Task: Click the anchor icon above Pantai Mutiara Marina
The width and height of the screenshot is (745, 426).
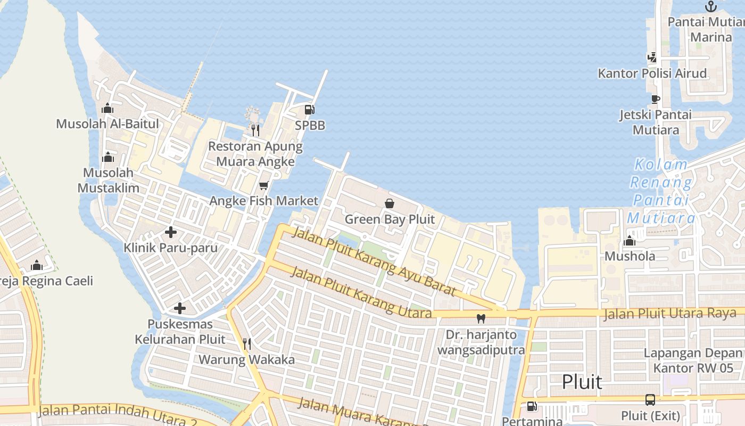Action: (x=711, y=6)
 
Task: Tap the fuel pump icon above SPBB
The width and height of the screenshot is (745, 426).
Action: (x=309, y=110)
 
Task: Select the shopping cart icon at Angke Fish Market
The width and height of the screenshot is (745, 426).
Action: (x=263, y=185)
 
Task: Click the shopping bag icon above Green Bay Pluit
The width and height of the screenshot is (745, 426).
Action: (x=390, y=203)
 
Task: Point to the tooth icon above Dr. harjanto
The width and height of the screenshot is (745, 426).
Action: (x=481, y=318)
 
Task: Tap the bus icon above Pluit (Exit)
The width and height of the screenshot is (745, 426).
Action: (x=650, y=399)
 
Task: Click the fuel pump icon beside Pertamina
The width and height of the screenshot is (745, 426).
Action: (x=531, y=406)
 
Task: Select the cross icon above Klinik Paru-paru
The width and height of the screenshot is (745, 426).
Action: (x=170, y=232)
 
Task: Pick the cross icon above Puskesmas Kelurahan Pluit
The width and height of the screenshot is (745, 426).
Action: (x=180, y=308)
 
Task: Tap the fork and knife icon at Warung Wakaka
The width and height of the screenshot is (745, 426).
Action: (x=246, y=344)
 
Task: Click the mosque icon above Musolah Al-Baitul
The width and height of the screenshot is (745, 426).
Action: (x=107, y=108)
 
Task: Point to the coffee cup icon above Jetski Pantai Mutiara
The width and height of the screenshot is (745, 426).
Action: (x=656, y=99)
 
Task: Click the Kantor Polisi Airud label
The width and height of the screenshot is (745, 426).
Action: (x=652, y=73)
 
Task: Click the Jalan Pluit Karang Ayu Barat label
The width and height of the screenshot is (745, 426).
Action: (x=375, y=261)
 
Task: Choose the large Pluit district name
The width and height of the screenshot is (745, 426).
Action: (x=582, y=382)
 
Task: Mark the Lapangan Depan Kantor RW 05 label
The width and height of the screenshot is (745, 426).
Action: (x=693, y=361)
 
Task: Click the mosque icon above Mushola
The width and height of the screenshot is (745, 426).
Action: (x=630, y=241)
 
